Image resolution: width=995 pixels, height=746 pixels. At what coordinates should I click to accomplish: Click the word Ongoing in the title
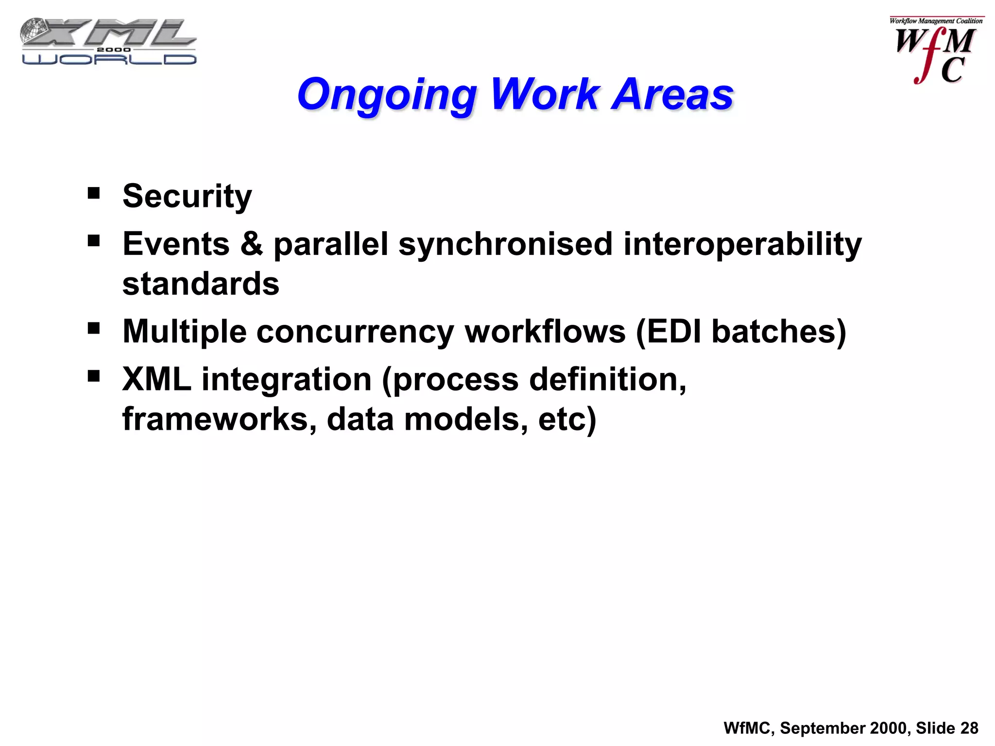pyautogui.click(x=387, y=95)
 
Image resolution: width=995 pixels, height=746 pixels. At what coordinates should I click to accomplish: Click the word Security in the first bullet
pyautogui.click(x=187, y=196)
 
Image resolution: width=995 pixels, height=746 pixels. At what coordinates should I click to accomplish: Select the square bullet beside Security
pyautogui.click(x=94, y=194)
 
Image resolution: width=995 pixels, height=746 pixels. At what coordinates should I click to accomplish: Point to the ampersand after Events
pyautogui.click(x=251, y=244)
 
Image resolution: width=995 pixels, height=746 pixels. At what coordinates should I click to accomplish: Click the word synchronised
pyautogui.click(x=505, y=244)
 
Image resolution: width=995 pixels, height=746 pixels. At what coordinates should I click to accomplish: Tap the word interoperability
pyautogui.click(x=742, y=244)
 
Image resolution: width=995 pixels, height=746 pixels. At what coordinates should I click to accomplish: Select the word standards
pyautogui.click(x=201, y=284)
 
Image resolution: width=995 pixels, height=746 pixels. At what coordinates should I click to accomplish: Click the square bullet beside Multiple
pyautogui.click(x=94, y=329)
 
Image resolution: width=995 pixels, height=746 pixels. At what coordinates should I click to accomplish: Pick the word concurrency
pyautogui.click(x=355, y=332)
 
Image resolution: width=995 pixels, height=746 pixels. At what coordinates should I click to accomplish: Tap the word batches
pyautogui.click(x=772, y=332)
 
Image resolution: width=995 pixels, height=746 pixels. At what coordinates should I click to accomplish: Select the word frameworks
pyautogui.click(x=216, y=419)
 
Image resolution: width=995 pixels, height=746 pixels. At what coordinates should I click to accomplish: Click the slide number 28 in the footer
pyautogui.click(x=969, y=728)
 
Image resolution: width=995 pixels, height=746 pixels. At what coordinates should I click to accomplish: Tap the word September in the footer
pyautogui.click(x=822, y=728)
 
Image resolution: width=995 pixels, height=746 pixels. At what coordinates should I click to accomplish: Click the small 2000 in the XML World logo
pyautogui.click(x=114, y=50)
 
